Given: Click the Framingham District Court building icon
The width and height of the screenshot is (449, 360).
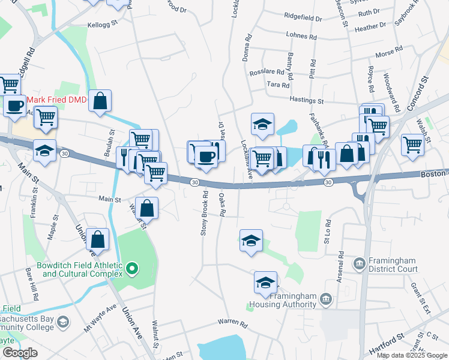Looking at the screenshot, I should coord(359,263).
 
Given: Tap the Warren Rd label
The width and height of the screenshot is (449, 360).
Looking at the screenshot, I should coord(233,323).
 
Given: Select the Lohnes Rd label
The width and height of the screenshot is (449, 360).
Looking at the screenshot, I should coord(301,36).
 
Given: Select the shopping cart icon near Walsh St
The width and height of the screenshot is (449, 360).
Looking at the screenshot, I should coord(412,144).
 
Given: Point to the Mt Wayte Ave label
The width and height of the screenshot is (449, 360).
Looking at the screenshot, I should coord(100,317).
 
